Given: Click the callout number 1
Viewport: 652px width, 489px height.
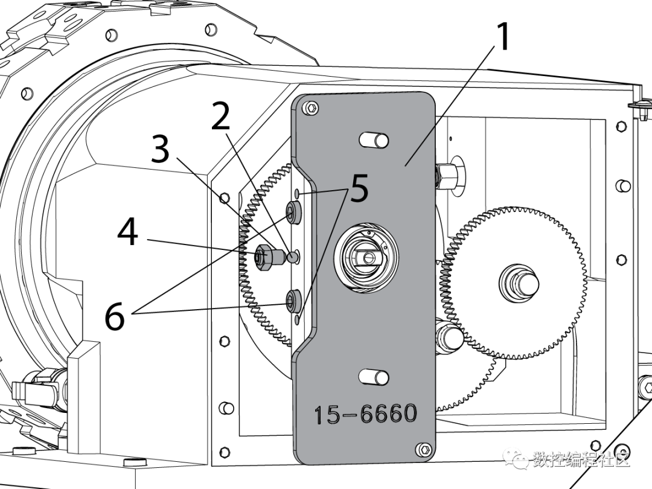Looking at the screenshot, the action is [x=503, y=37].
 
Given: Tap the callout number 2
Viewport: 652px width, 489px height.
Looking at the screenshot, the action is [x=221, y=115].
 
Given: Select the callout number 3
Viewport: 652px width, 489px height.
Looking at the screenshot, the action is [x=160, y=149].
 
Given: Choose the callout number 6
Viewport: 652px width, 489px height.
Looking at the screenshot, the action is [x=114, y=316].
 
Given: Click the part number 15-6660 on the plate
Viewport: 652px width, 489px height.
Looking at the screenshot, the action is [x=365, y=414].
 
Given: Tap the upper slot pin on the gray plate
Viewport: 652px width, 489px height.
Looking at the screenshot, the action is [x=374, y=140].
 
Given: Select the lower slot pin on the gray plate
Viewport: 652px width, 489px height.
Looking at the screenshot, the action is [x=374, y=377].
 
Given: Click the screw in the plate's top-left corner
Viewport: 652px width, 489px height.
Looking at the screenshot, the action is [x=311, y=109].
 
